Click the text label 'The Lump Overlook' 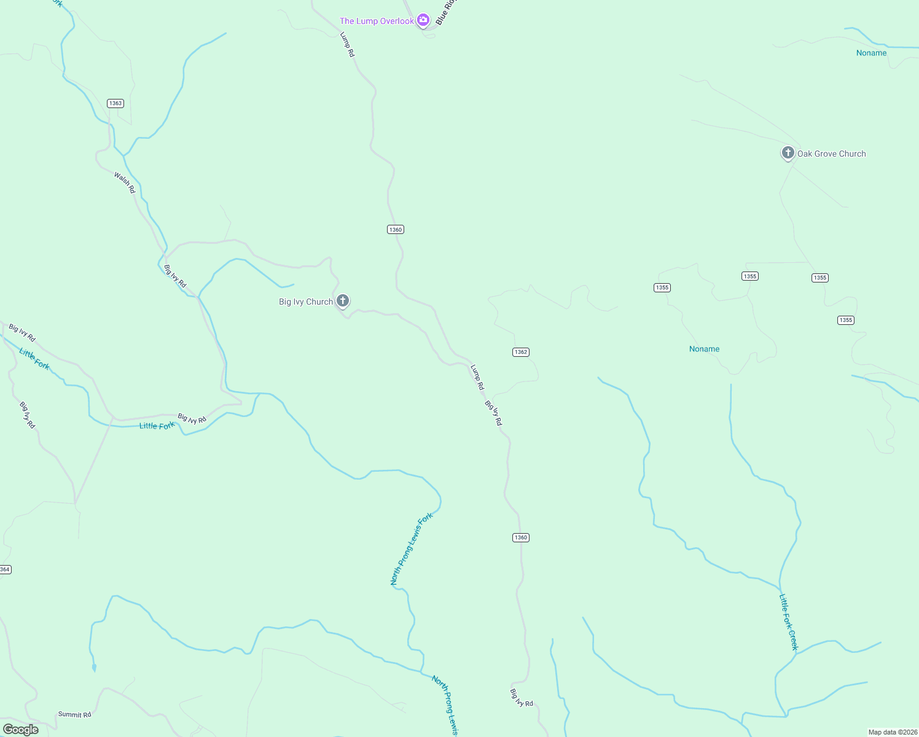[377, 21]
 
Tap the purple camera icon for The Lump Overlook [423, 20]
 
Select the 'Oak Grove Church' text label [831, 154]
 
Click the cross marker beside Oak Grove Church [788, 152]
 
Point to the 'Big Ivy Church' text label [306, 302]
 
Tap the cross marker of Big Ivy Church [343, 300]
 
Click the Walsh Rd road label [125, 182]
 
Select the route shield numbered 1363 [115, 103]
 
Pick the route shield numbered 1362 [520, 352]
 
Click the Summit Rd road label [74, 714]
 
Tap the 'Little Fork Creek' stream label [788, 622]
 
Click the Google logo [21, 730]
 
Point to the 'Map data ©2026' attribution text [893, 732]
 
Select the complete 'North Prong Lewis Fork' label [412, 548]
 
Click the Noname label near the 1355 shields [704, 349]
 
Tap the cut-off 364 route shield [5, 569]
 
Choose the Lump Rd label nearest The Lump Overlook [348, 45]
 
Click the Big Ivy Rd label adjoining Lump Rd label [493, 413]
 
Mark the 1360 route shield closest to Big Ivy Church [395, 230]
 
